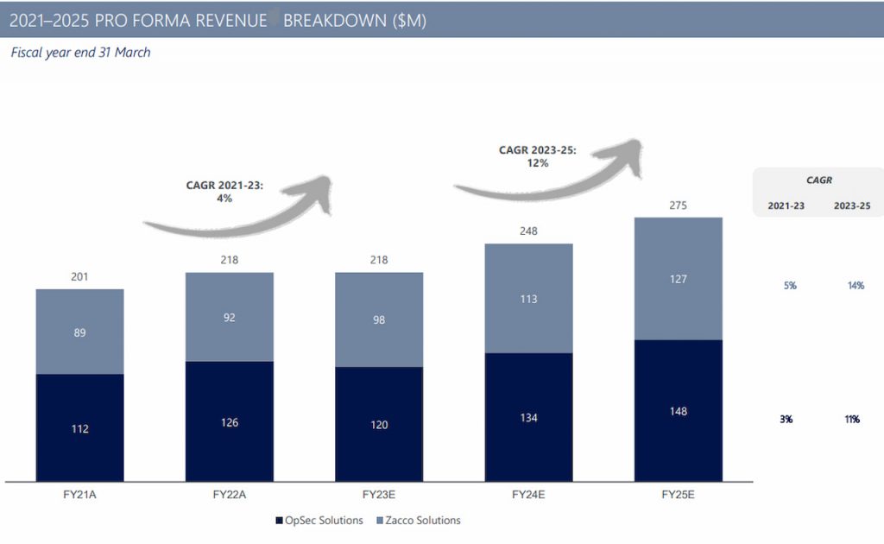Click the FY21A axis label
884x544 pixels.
tap(79, 495)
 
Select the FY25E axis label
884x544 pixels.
tap(679, 495)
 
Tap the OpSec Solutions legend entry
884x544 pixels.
tap(317, 521)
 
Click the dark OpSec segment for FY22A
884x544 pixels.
tap(230, 421)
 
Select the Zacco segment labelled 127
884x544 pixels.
tap(679, 278)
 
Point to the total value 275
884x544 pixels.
tap(679, 206)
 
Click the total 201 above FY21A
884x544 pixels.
tap(79, 277)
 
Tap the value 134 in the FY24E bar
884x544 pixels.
tap(529, 418)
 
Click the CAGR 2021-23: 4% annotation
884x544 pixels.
tap(224, 191)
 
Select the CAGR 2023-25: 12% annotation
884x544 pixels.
tap(537, 155)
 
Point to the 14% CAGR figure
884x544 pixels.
tap(856, 286)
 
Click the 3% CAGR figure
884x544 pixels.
tap(786, 419)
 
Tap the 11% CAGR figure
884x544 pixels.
tap(852, 419)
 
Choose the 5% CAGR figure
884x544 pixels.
tap(790, 286)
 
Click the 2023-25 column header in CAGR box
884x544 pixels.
tap(852, 207)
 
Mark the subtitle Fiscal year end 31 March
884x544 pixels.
tap(80, 53)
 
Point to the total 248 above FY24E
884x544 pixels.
tap(529, 231)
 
